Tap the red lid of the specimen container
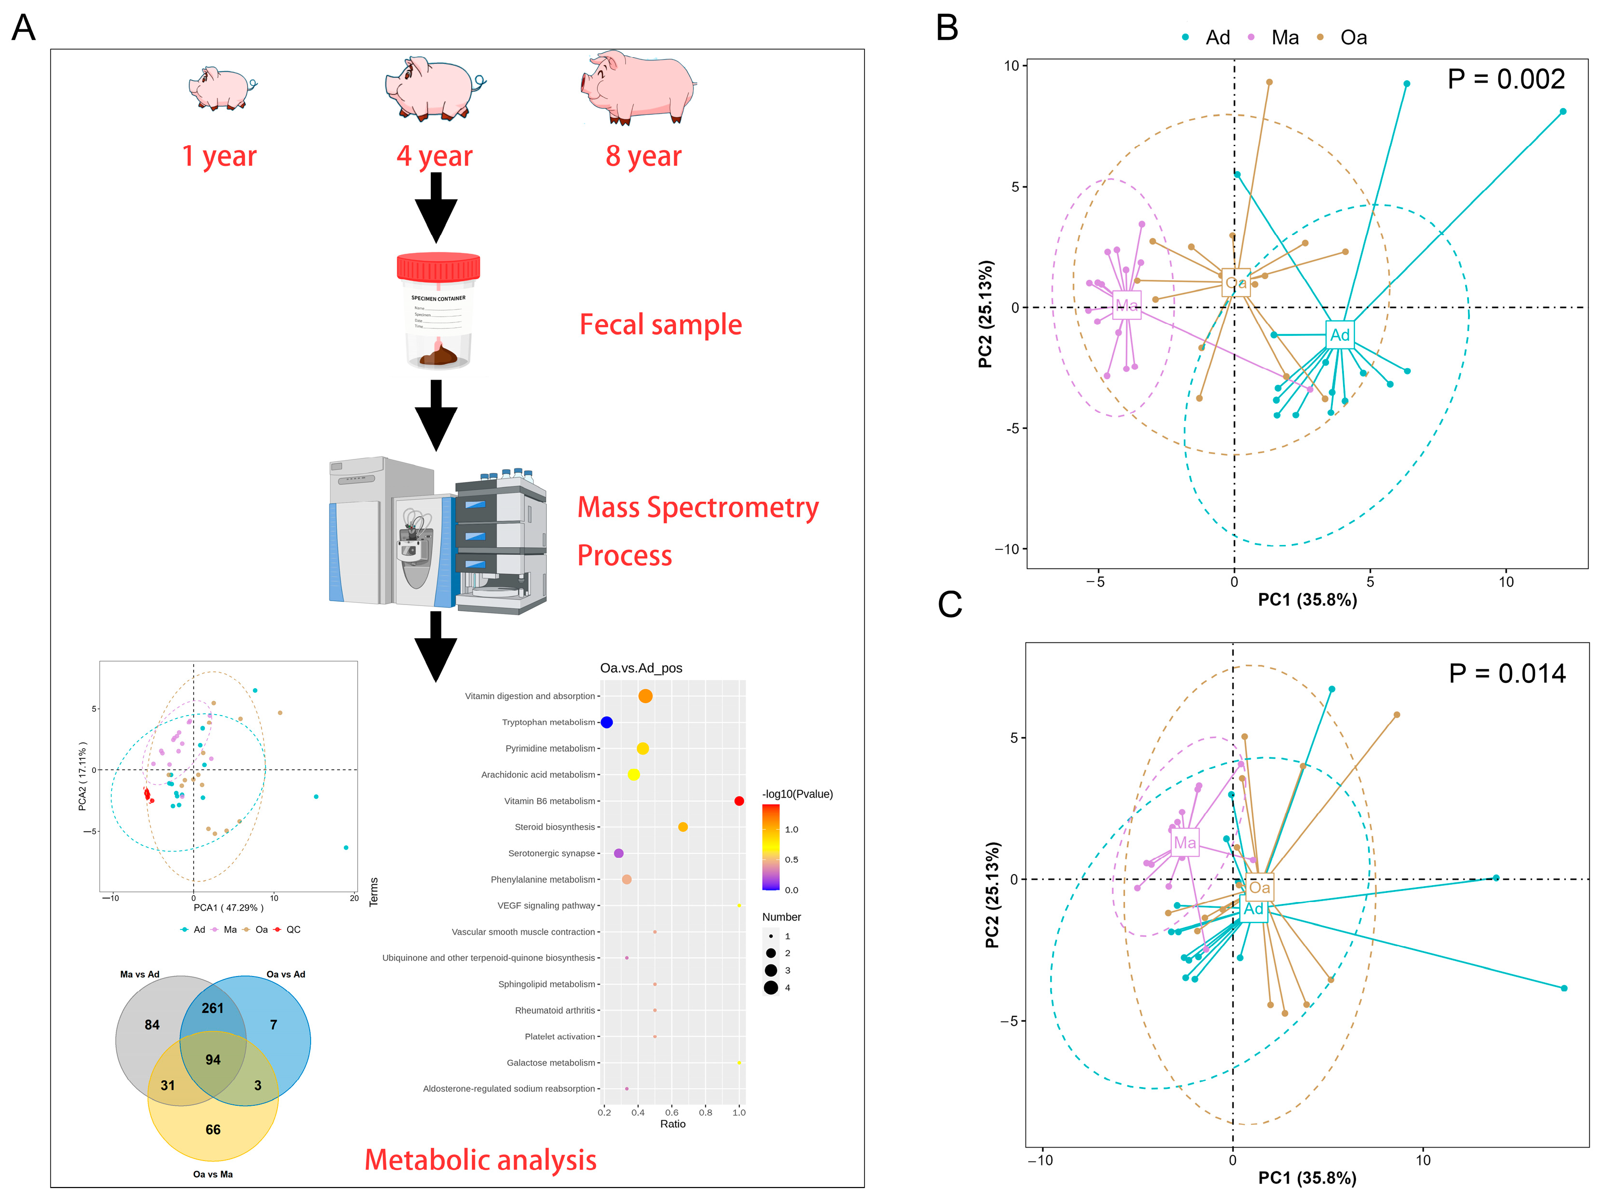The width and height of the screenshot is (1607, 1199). point(438,267)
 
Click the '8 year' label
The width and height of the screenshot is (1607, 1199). point(643,156)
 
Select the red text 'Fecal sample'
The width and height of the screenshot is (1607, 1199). point(660,324)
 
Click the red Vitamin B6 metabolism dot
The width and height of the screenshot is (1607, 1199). point(739,801)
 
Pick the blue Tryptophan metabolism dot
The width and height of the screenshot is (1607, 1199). point(606,722)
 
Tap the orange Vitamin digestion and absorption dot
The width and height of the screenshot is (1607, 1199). point(645,696)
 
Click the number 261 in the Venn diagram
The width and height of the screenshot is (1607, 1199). point(213,1008)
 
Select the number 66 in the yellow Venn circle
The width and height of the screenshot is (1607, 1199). point(213,1129)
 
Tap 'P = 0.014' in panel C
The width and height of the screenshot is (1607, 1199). point(1507,674)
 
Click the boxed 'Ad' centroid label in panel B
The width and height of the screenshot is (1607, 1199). point(1339,334)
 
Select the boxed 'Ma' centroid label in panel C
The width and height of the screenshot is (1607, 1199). point(1184,842)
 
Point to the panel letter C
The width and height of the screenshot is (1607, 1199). point(950,604)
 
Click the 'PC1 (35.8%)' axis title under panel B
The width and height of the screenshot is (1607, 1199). point(1307,600)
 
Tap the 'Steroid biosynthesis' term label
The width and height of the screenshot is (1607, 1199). point(554,827)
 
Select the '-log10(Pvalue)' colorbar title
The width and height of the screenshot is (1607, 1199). point(797,794)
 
